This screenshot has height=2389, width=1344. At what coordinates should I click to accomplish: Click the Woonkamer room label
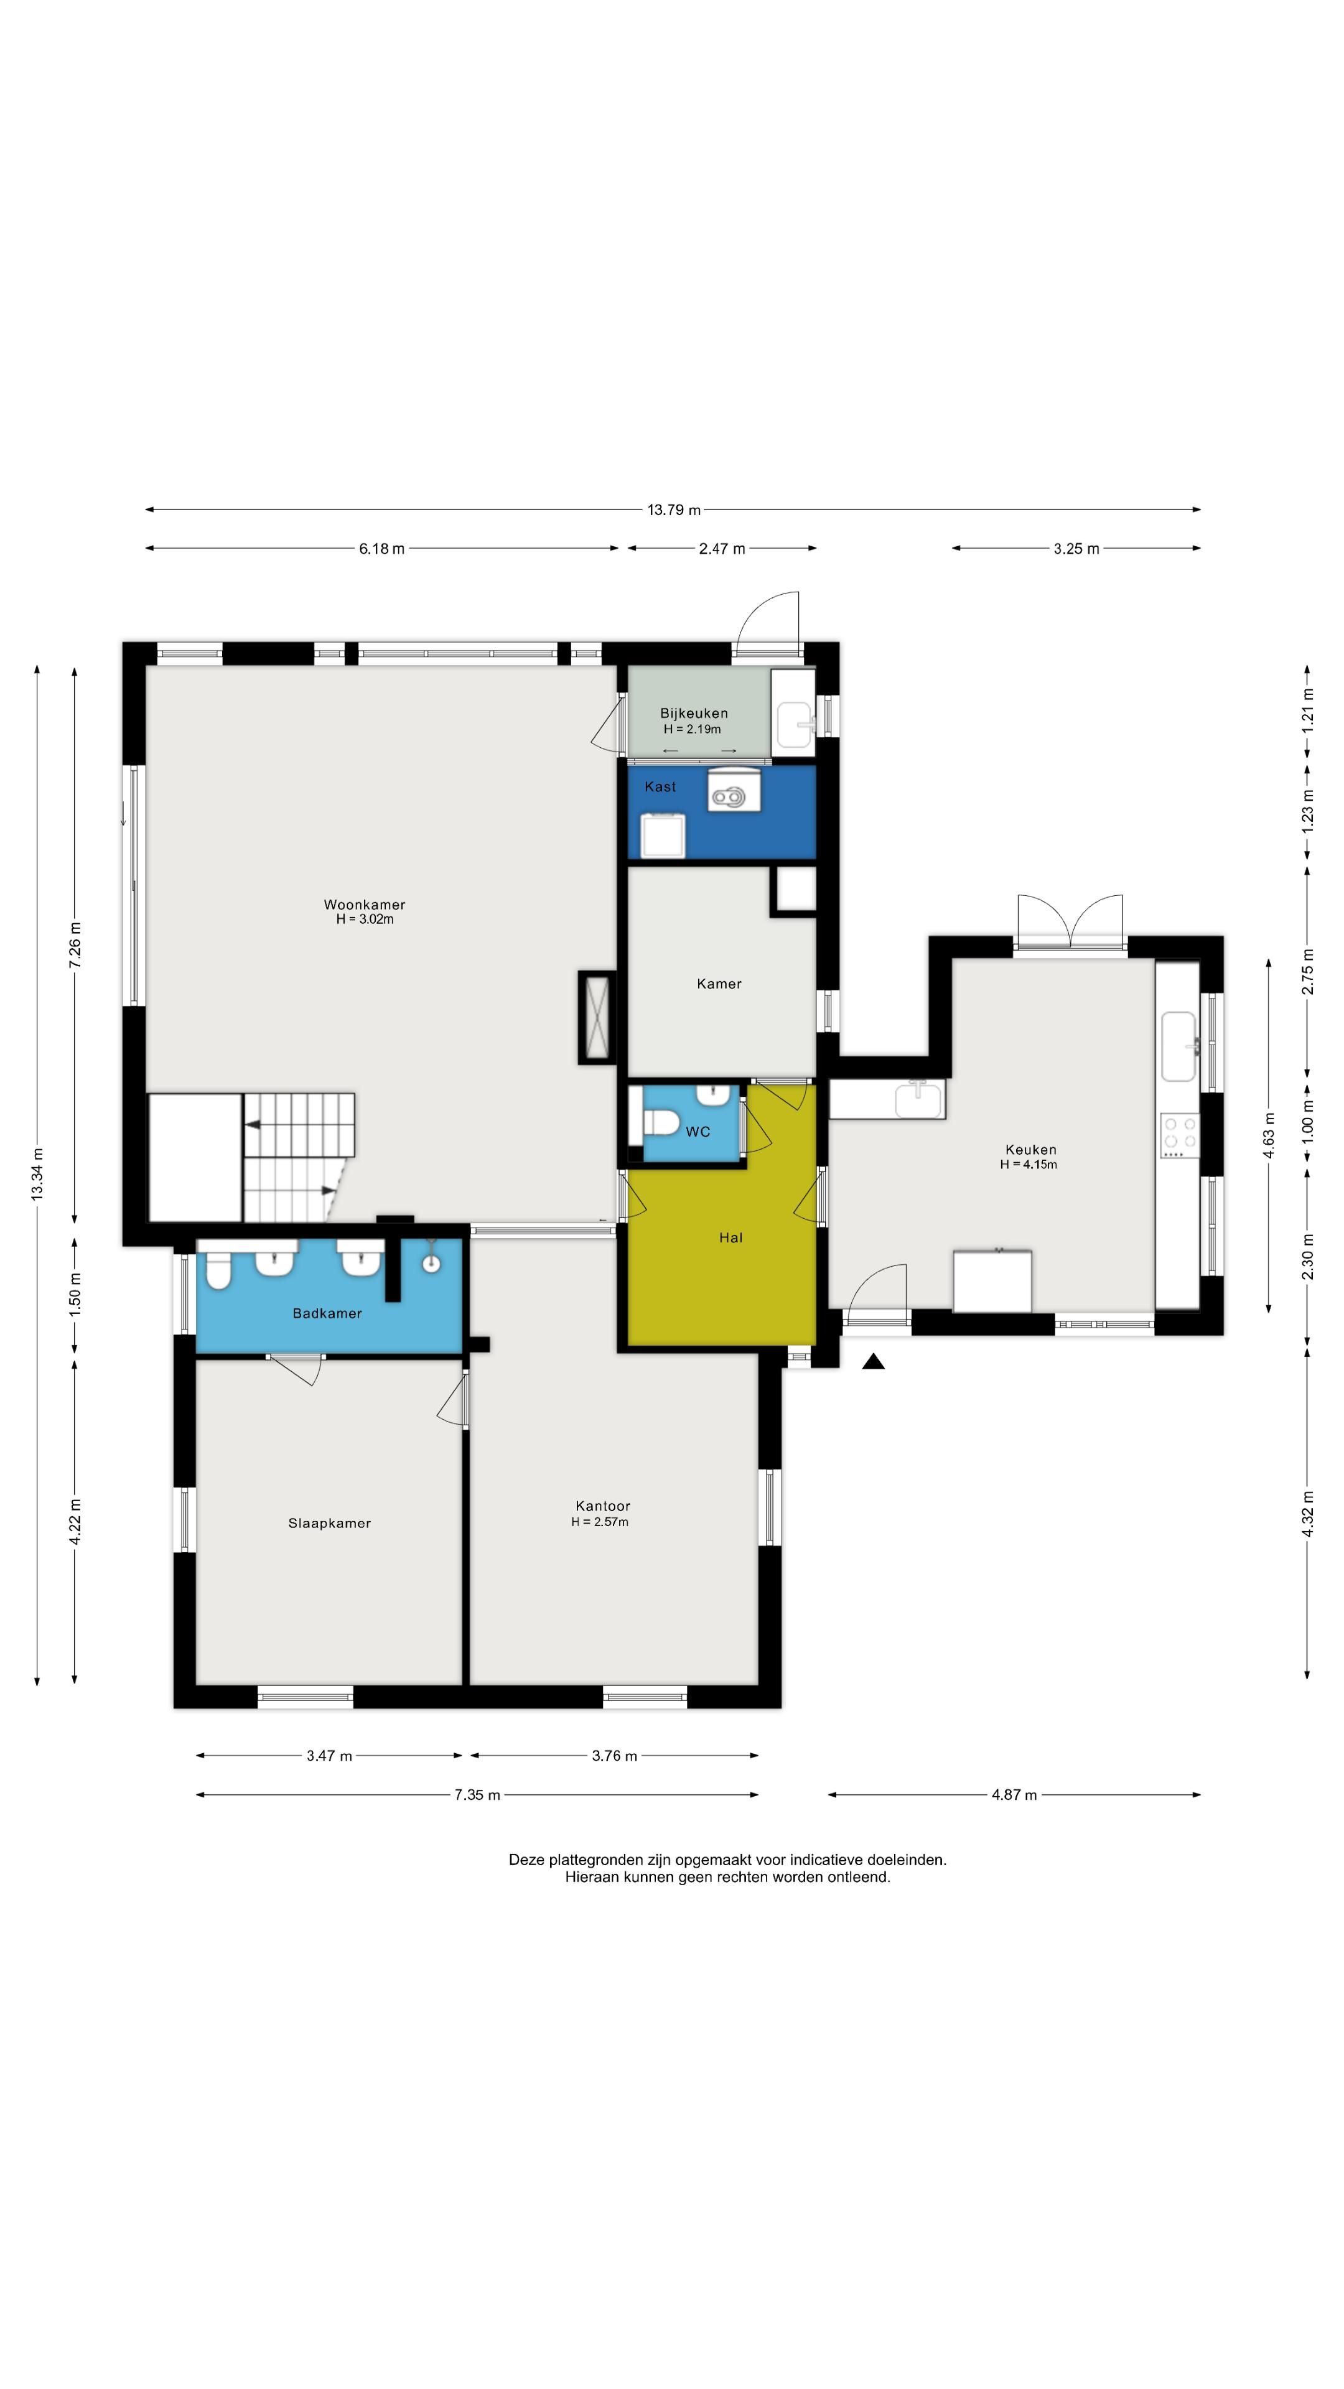[x=365, y=904]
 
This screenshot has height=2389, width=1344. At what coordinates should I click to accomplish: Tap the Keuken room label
[x=1030, y=1149]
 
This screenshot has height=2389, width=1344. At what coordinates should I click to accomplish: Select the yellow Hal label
[x=731, y=1237]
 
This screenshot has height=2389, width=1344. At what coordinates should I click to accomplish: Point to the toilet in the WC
[x=661, y=1122]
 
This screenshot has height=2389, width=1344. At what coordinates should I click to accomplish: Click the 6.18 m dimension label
[x=382, y=548]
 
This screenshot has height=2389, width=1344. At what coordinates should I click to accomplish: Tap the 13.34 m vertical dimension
[x=37, y=1174]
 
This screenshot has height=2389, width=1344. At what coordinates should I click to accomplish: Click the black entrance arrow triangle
[x=873, y=1361]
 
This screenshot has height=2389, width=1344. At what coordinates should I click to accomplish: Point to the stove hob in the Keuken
[x=1180, y=1135]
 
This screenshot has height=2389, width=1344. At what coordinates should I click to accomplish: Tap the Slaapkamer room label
[x=329, y=1523]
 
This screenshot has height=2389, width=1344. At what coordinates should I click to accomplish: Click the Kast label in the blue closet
[x=660, y=786]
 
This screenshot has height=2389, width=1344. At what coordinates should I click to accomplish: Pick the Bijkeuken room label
[x=694, y=713]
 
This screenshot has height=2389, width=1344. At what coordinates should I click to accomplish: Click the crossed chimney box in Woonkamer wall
[x=597, y=1017]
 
